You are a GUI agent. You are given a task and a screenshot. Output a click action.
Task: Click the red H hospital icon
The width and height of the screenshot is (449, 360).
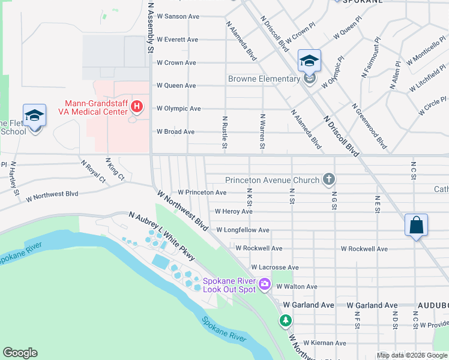tap(137, 107)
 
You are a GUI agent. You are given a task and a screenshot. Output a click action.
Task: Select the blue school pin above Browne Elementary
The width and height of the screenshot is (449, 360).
tap(309, 61)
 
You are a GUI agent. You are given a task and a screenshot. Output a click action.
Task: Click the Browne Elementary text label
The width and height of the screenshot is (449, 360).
tap(264, 79)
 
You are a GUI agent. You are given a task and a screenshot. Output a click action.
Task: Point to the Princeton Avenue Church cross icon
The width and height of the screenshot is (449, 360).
tap(328, 179)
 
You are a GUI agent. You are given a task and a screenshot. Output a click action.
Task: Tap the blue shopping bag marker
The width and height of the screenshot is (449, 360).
tap(416, 226)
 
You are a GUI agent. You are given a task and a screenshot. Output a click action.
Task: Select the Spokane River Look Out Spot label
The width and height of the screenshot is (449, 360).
tap(229, 284)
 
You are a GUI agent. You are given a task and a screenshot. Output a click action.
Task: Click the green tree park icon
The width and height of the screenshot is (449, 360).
tap(285, 321)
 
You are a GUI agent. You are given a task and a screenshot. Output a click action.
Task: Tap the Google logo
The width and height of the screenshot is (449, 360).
tap(20, 353)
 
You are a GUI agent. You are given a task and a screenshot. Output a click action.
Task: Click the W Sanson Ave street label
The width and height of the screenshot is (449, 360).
tap(178, 16)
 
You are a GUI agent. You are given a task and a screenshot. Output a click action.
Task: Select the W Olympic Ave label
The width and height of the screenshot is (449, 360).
tap(178, 109)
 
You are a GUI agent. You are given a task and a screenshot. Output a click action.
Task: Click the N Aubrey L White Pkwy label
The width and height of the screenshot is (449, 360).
tap(162, 235)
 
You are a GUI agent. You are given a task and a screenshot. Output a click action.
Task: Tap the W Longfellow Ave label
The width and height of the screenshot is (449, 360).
tap(243, 230)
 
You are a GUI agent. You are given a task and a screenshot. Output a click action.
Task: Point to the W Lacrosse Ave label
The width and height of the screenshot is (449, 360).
tap(275, 267)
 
